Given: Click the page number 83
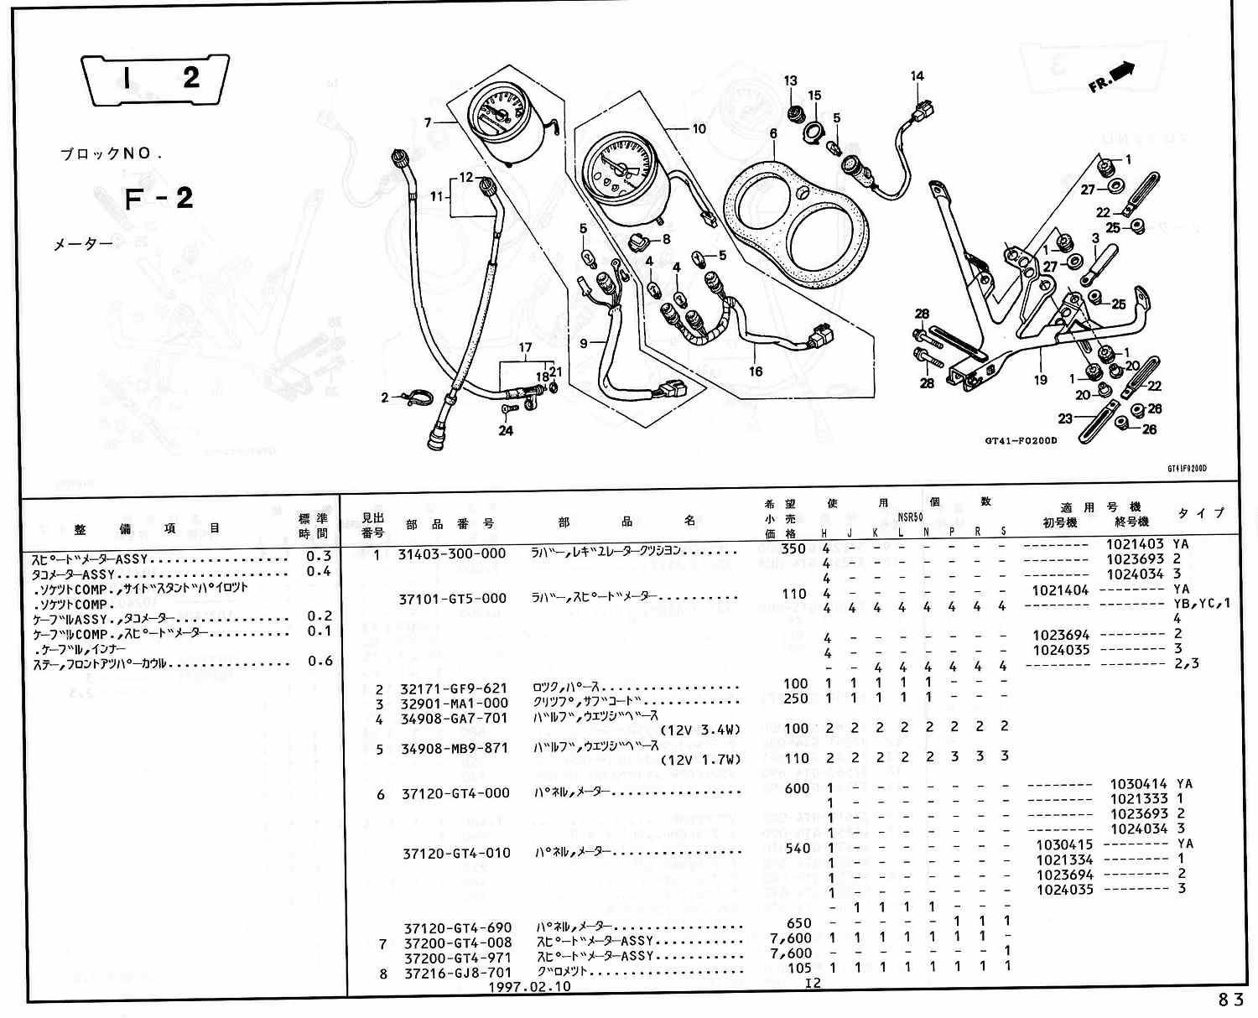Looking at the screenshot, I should tap(1232, 999).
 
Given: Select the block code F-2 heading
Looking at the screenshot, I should tap(159, 199).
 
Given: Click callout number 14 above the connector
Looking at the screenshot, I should tap(917, 76).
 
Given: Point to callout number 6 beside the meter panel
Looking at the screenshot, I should tap(772, 133).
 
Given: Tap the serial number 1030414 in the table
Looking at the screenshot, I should tap(1138, 784).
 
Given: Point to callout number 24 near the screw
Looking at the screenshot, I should tap(505, 431).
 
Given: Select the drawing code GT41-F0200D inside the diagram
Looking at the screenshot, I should tap(1021, 441).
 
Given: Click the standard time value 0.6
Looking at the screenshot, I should tap(320, 661).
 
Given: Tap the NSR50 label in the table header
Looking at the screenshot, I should tap(910, 518).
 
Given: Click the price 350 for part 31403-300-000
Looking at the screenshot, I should tap(793, 549).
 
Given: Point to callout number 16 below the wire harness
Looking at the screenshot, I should tap(756, 371).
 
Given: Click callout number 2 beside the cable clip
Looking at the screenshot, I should tap(385, 397).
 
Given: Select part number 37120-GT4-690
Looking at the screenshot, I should tap(456, 927).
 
